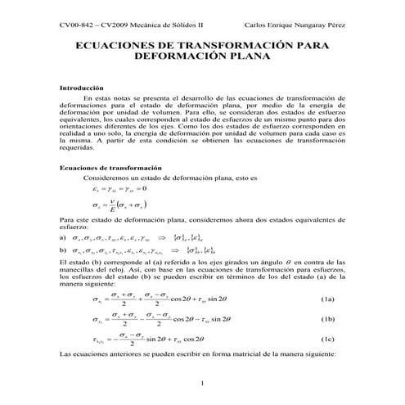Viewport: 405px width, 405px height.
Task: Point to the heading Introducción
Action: (82, 87)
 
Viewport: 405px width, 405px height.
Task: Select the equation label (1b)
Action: (327, 319)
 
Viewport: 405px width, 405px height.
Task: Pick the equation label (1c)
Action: (327, 338)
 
